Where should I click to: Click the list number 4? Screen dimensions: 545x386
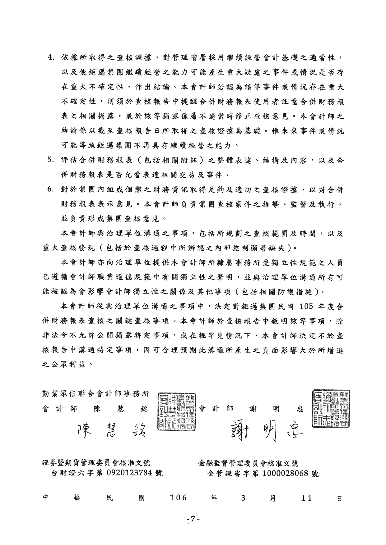click(51, 58)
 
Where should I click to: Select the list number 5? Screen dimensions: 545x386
click(51, 160)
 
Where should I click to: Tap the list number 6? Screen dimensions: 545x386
click(51, 190)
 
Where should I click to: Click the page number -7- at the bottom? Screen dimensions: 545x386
click(193, 519)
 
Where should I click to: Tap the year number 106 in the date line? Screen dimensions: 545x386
click(178, 498)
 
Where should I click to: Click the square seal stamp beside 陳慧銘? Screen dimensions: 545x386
click(177, 412)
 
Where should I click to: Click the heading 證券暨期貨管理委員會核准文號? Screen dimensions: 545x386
click(96, 463)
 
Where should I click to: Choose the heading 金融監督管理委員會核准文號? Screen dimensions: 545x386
click(248, 463)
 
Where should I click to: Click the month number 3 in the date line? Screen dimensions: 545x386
click(243, 498)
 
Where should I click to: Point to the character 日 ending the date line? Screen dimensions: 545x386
click(339, 498)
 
